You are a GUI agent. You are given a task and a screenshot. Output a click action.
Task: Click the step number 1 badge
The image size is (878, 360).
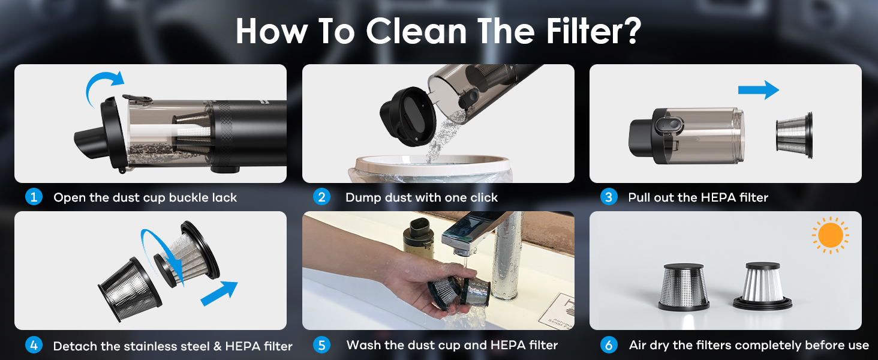click(34, 197)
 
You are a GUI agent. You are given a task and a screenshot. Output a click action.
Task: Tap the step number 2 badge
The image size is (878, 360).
click(322, 197)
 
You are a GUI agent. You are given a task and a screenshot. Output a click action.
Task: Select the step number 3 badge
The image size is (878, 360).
click(609, 197)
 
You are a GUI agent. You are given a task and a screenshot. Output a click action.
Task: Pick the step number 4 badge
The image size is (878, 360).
click(34, 345)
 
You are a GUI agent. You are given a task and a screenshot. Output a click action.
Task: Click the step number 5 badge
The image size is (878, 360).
click(322, 345)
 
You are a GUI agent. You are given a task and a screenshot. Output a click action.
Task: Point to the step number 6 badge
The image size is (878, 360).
click(609, 345)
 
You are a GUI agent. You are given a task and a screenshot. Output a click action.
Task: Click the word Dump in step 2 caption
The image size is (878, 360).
click(362, 197)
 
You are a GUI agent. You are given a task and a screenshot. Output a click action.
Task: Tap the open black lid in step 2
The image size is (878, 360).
click(406, 114)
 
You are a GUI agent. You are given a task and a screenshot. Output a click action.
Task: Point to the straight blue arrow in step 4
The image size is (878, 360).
click(220, 294)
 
